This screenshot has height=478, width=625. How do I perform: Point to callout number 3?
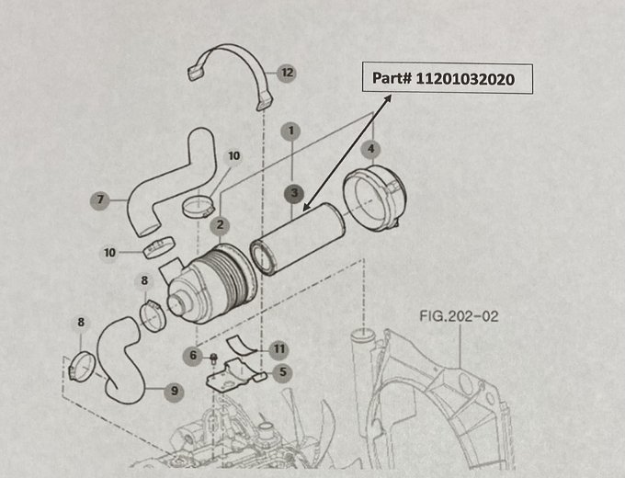point(292,192)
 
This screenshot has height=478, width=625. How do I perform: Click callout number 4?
point(371,147)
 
